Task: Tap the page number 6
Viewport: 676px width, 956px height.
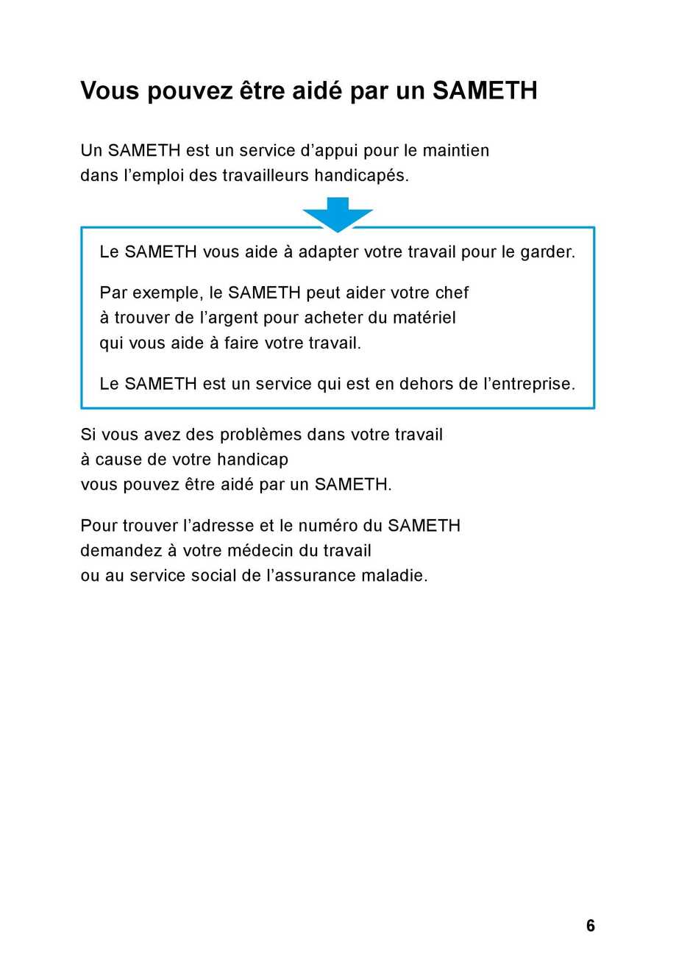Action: pos(591,926)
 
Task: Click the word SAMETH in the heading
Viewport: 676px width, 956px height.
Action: pos(485,91)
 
